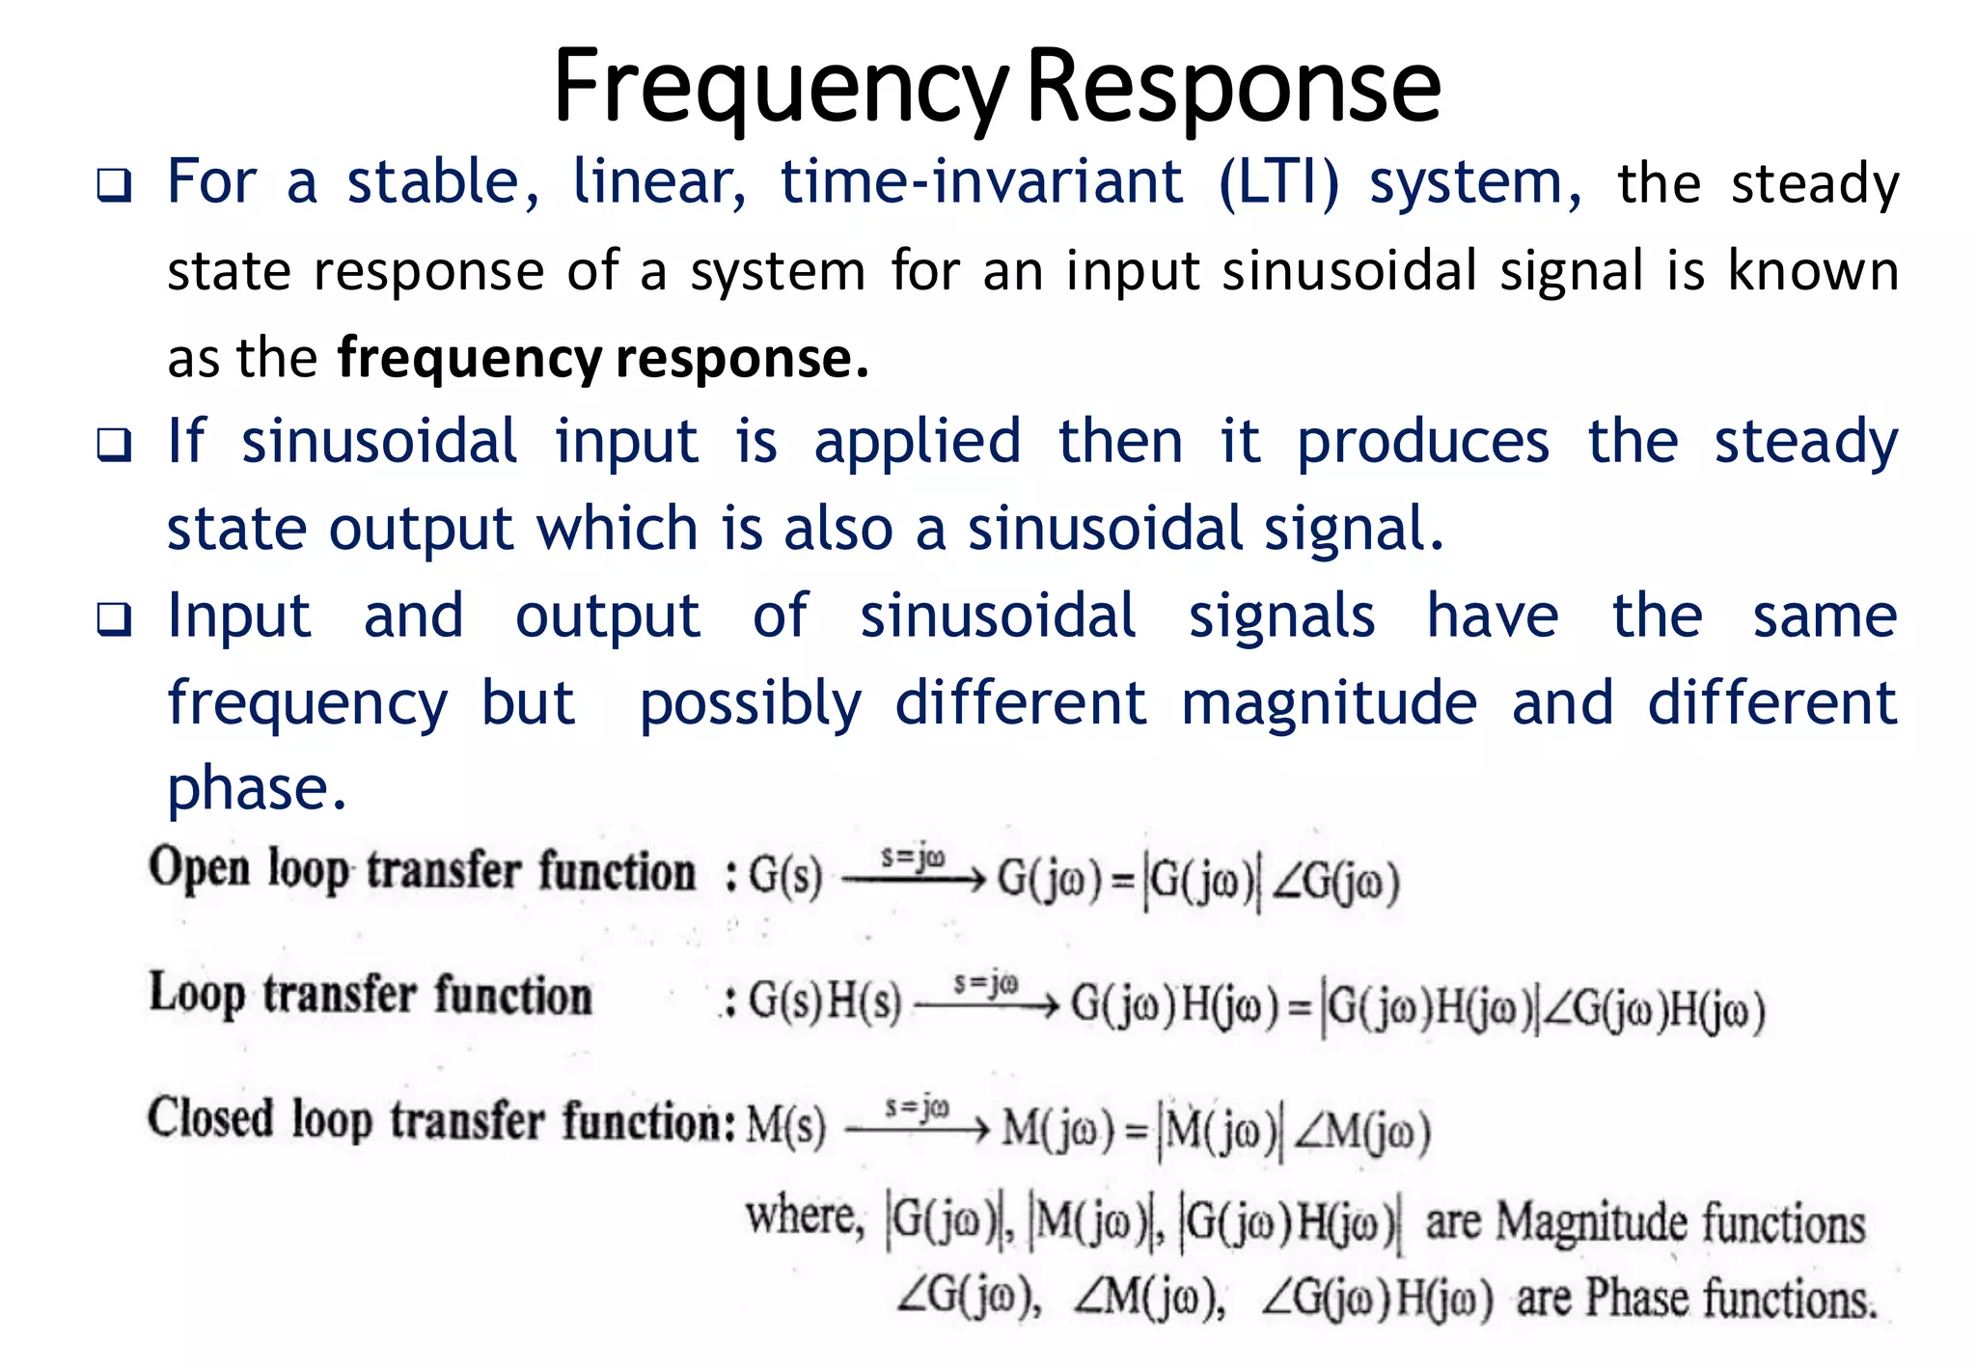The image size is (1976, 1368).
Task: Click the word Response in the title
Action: click(x=1233, y=89)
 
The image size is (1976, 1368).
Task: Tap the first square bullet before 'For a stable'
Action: click(x=114, y=184)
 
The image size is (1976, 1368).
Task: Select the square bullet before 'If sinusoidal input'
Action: click(x=114, y=445)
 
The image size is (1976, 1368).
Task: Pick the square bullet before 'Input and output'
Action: click(x=114, y=619)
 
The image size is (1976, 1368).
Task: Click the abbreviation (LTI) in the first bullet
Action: click(x=1278, y=182)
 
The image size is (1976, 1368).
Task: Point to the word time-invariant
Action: click(x=981, y=182)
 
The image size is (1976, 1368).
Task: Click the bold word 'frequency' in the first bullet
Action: click(x=469, y=359)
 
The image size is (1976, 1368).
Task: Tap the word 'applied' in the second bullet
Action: click(x=917, y=443)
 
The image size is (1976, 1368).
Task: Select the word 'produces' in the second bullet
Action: click(x=1423, y=443)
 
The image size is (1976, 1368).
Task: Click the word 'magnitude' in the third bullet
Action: click(x=1329, y=702)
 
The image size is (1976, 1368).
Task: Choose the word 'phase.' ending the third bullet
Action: click(x=257, y=789)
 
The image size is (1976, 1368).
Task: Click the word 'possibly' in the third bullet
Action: click(x=751, y=704)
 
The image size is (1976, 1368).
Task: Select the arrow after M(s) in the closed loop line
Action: click(x=917, y=1129)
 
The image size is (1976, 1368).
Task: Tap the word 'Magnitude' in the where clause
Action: click(x=1590, y=1223)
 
